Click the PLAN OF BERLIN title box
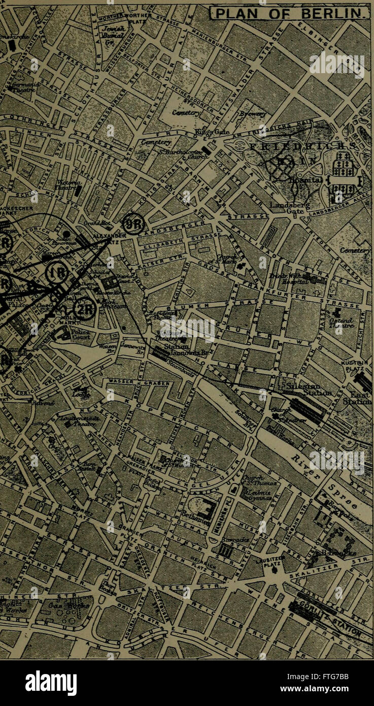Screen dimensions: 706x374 (290, 12)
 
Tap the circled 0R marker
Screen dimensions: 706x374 (134, 223)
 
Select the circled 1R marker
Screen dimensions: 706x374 (57, 273)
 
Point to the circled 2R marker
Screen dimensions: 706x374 (84, 308)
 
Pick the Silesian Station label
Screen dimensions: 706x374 (304, 390)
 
